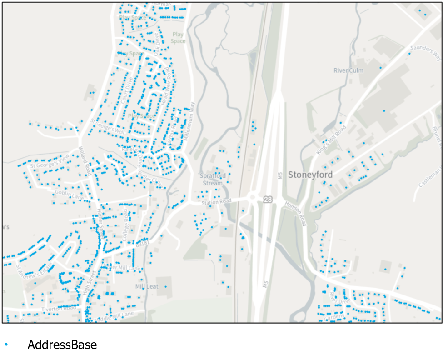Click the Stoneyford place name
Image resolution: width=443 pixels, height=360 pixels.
(310, 175)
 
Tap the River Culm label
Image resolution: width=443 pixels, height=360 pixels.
(348, 70)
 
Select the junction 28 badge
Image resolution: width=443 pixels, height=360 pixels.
(267, 199)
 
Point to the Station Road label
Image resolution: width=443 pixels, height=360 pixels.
(217, 201)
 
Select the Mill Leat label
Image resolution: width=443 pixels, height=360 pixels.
(147, 286)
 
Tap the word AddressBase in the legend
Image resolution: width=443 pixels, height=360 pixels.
(62, 345)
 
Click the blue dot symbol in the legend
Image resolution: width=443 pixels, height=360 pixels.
(6, 345)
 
